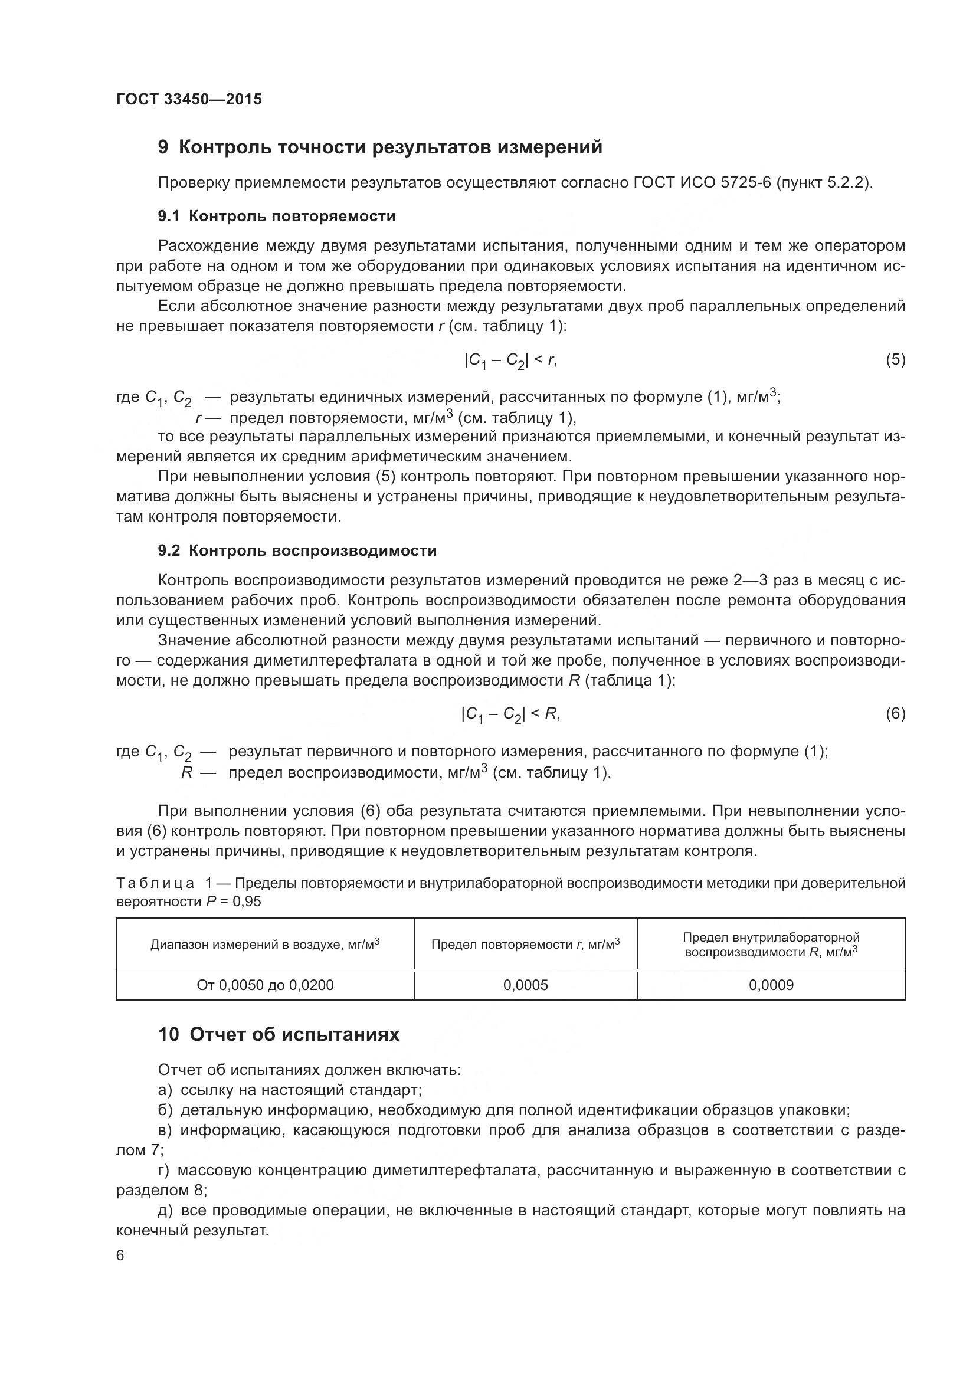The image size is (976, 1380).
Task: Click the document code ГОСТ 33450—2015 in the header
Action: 189,100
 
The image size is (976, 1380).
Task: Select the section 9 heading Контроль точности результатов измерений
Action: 380,147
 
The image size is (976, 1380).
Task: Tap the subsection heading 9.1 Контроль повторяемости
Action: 276,217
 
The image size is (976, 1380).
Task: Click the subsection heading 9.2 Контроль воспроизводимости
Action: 297,550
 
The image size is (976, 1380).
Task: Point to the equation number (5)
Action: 895,360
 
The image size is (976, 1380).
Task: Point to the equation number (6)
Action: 895,713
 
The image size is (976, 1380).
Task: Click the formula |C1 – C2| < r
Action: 510,360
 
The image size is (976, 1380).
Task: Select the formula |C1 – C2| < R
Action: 510,714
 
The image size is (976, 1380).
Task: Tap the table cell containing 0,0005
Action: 525,985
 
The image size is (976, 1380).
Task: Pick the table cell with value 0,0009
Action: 771,985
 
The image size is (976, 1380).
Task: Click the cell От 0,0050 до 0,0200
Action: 265,985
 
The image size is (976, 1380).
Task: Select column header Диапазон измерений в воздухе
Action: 265,944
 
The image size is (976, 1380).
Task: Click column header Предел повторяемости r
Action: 525,944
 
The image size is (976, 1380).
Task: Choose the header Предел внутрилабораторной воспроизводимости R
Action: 771,944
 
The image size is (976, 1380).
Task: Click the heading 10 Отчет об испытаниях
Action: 279,1034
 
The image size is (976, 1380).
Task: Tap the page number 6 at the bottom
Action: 120,1256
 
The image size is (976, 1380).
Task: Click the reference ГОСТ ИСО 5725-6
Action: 701,183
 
